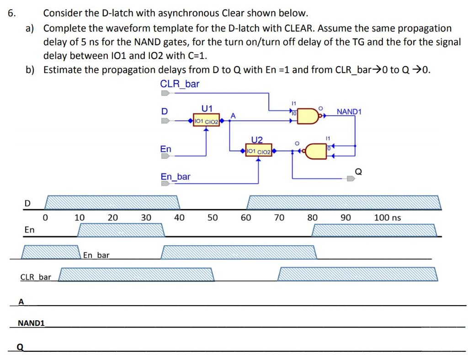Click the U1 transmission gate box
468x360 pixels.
[206, 121]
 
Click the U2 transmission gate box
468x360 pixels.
[259, 151]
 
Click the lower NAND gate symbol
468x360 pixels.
[316, 150]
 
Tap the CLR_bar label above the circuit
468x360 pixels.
[180, 84]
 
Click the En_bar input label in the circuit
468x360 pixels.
[175, 177]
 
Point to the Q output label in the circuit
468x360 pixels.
[358, 172]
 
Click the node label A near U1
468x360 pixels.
[233, 116]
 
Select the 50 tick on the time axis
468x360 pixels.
[213, 217]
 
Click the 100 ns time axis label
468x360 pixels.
[387, 217]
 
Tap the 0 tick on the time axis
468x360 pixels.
[45, 217]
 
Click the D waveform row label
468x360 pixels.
[27, 203]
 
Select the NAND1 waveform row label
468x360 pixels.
[31, 323]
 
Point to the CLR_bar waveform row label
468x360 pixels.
[36, 277]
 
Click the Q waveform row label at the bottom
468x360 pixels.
[20, 347]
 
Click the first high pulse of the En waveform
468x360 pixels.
[121, 230]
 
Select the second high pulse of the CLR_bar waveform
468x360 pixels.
[357, 274]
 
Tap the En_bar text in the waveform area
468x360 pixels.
[96, 255]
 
